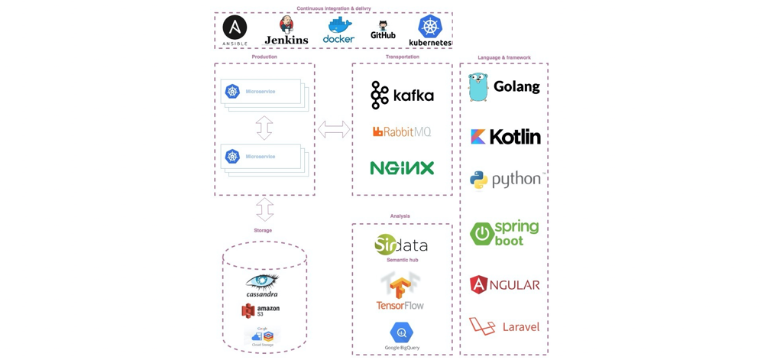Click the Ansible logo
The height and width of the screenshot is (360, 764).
(x=235, y=28)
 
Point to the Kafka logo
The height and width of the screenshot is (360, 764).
(x=402, y=95)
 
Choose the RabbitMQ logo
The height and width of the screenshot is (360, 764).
(x=402, y=131)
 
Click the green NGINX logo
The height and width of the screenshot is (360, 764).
(x=402, y=168)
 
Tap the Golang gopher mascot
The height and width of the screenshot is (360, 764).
(x=478, y=87)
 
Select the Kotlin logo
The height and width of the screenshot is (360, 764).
(x=505, y=137)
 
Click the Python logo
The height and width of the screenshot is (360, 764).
(x=507, y=180)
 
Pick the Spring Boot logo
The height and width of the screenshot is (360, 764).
(x=504, y=232)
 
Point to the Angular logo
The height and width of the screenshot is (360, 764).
(x=504, y=285)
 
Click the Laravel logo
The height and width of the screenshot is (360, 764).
(x=504, y=326)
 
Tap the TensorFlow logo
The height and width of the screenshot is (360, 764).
(x=400, y=292)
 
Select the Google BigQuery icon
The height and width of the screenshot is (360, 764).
(x=401, y=332)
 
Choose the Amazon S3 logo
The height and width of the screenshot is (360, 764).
(x=261, y=310)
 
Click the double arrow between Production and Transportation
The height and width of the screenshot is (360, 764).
(x=334, y=129)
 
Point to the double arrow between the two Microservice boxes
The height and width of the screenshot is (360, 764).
(x=264, y=128)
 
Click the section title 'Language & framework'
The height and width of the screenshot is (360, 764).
(x=504, y=57)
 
